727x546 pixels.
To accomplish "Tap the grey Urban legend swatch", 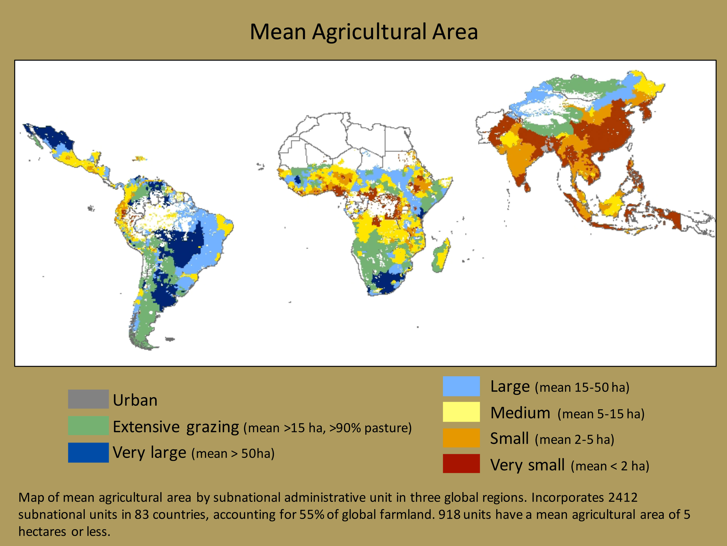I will point(88,399).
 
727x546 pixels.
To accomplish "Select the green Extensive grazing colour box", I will point(88,426).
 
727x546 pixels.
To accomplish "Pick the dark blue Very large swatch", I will point(88,452).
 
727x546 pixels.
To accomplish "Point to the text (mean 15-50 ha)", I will point(582,387).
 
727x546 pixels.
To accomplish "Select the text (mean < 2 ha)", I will point(610,466).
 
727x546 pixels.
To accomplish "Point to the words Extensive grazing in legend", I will point(176,427).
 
